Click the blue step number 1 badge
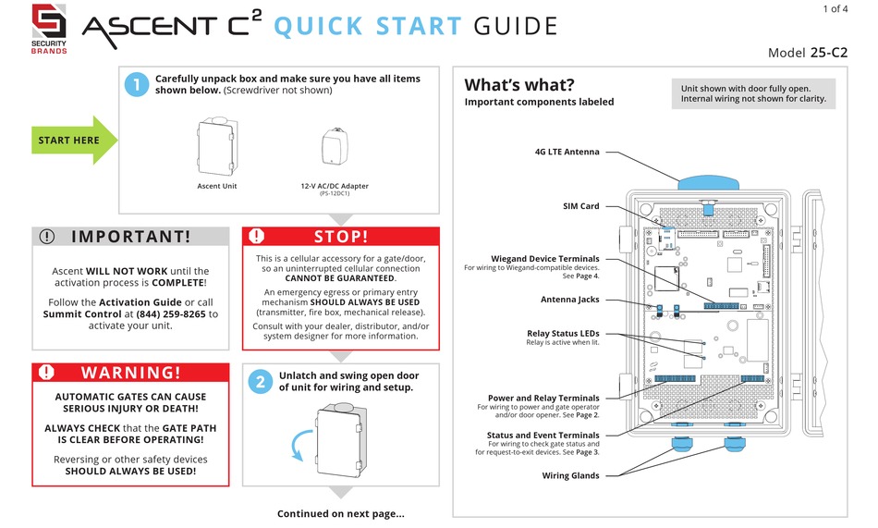click(135, 84)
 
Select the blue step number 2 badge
click(262, 381)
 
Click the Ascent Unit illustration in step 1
click(217, 145)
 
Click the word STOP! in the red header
click(341, 237)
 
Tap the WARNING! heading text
click(129, 373)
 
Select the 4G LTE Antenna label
click(567, 152)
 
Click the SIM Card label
click(580, 206)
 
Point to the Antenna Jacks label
click(569, 300)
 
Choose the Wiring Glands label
click(570, 475)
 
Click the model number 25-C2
click(829, 53)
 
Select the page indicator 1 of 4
click(835, 9)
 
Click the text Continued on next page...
click(340, 514)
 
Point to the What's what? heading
click(518, 84)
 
